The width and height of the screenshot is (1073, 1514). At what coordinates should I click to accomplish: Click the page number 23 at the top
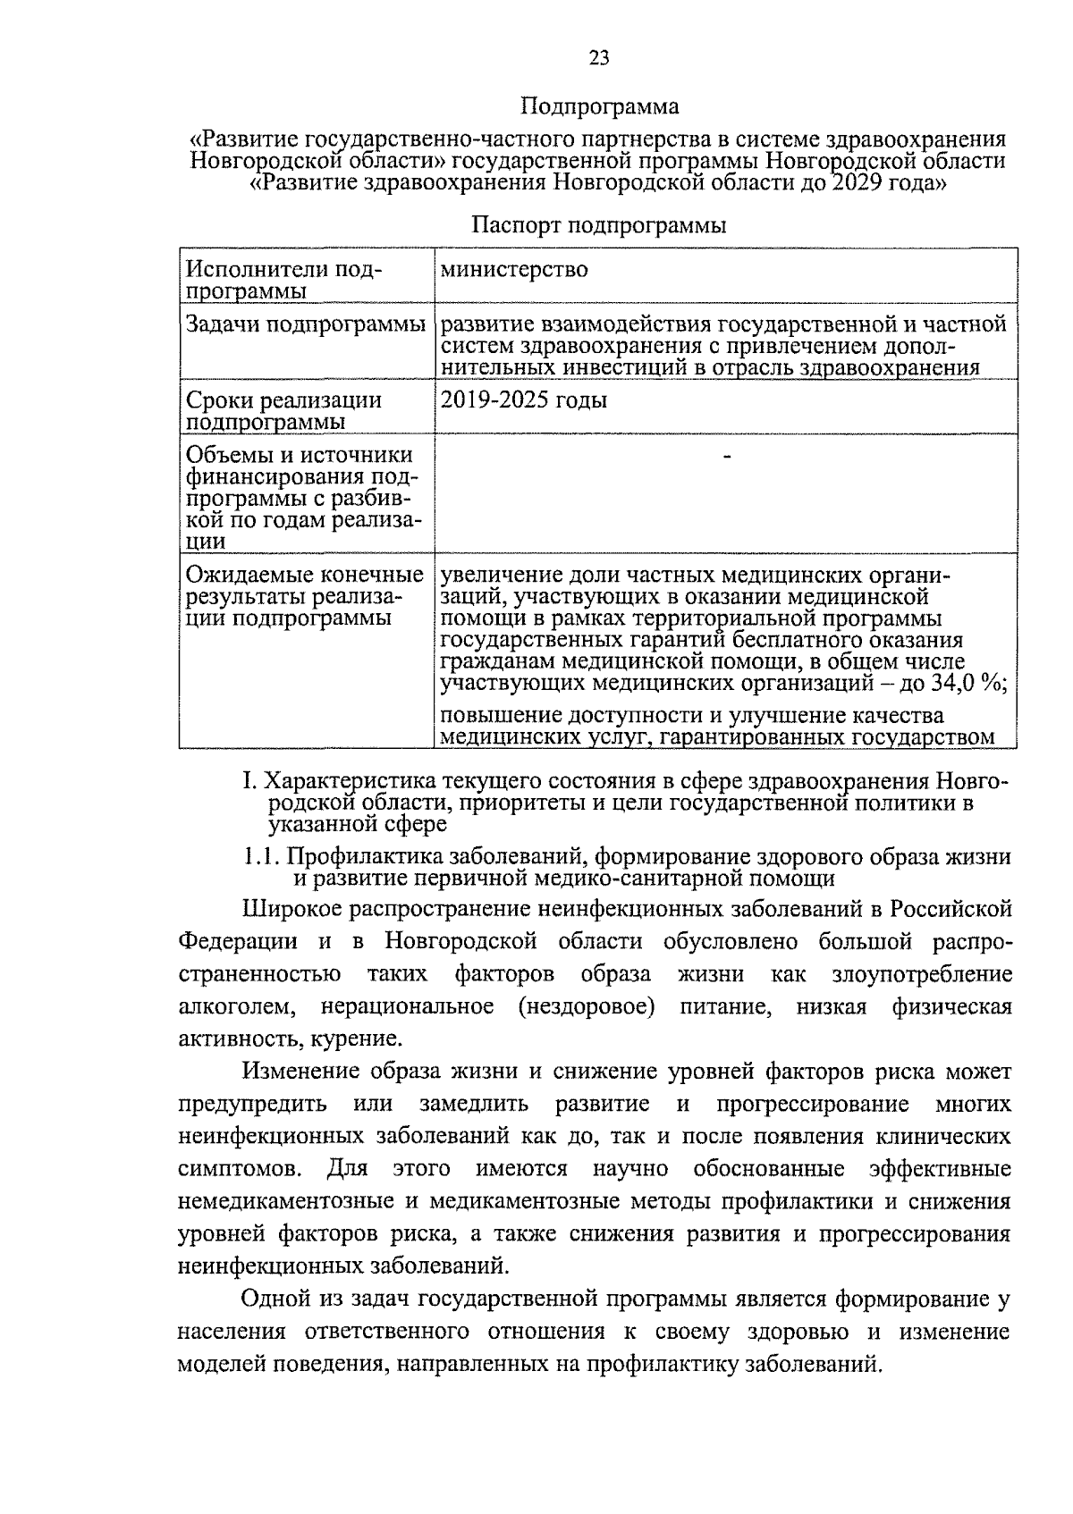point(599,59)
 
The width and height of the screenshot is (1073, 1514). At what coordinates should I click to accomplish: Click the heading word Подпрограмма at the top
point(599,107)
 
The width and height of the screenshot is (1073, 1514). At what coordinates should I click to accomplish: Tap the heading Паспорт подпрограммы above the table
point(598,225)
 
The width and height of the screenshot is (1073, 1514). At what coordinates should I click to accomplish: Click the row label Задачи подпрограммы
point(305,324)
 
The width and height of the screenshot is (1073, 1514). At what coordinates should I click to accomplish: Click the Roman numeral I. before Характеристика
point(249,781)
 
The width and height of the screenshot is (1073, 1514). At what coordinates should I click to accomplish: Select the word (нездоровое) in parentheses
point(586,1007)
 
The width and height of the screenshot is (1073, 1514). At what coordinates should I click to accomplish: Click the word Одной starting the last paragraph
point(273,1299)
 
